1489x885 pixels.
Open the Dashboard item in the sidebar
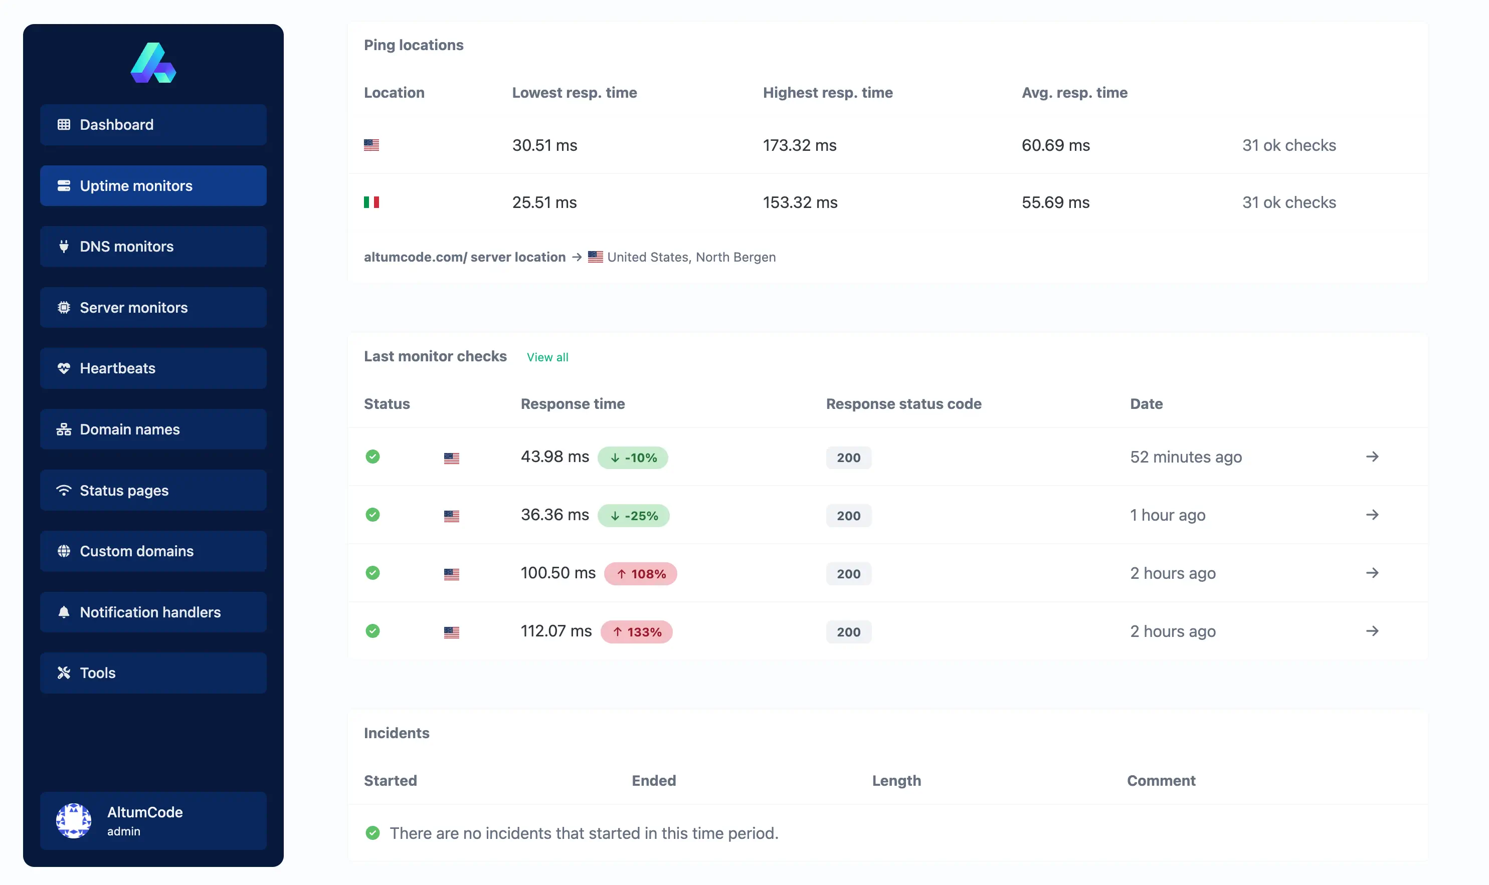click(153, 125)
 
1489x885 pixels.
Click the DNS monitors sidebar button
click(153, 246)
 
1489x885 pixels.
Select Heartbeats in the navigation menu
click(153, 368)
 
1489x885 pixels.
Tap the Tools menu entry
click(153, 673)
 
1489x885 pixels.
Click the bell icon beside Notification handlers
click(64, 612)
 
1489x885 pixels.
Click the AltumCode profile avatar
click(73, 820)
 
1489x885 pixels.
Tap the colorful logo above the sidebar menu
click(153, 63)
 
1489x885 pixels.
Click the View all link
click(547, 357)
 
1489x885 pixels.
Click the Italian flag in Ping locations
click(371, 202)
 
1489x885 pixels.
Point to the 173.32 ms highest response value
click(799, 145)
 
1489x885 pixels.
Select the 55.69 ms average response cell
click(1055, 202)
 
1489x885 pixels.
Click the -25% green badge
click(634, 515)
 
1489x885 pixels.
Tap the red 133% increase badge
click(637, 631)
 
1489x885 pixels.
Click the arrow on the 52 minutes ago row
click(1372, 457)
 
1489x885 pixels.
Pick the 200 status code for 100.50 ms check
click(848, 574)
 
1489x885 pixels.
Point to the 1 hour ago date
click(1168, 515)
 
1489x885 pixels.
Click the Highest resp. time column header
click(827, 92)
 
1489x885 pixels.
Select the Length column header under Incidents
click(896, 781)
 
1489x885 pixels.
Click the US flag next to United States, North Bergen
click(595, 257)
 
